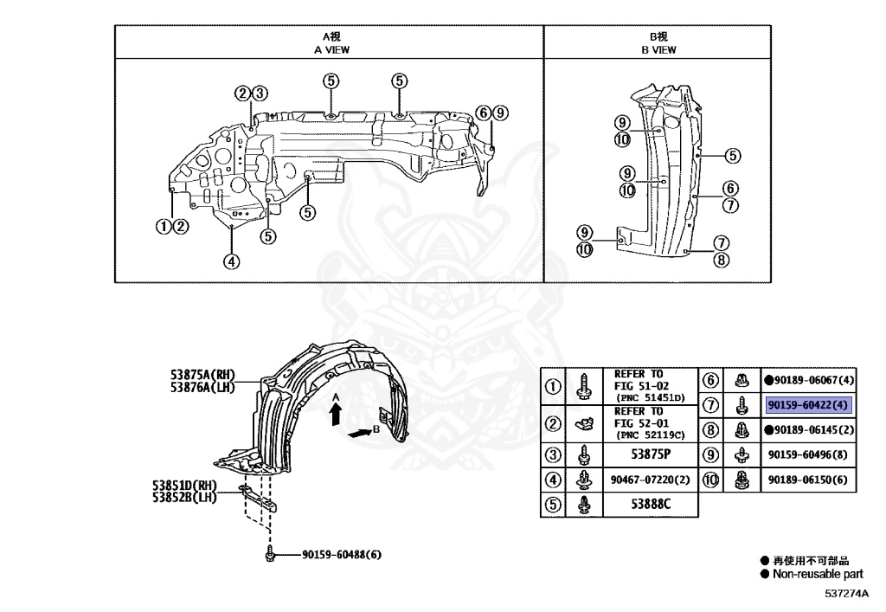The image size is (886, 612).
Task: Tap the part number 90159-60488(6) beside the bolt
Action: [341, 555]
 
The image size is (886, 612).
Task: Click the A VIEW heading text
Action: [331, 50]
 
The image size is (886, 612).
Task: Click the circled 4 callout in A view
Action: [231, 261]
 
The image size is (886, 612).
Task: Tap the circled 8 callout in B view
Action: [722, 259]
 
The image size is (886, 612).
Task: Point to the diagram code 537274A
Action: [845, 594]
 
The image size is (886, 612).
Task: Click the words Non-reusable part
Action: [818, 574]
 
